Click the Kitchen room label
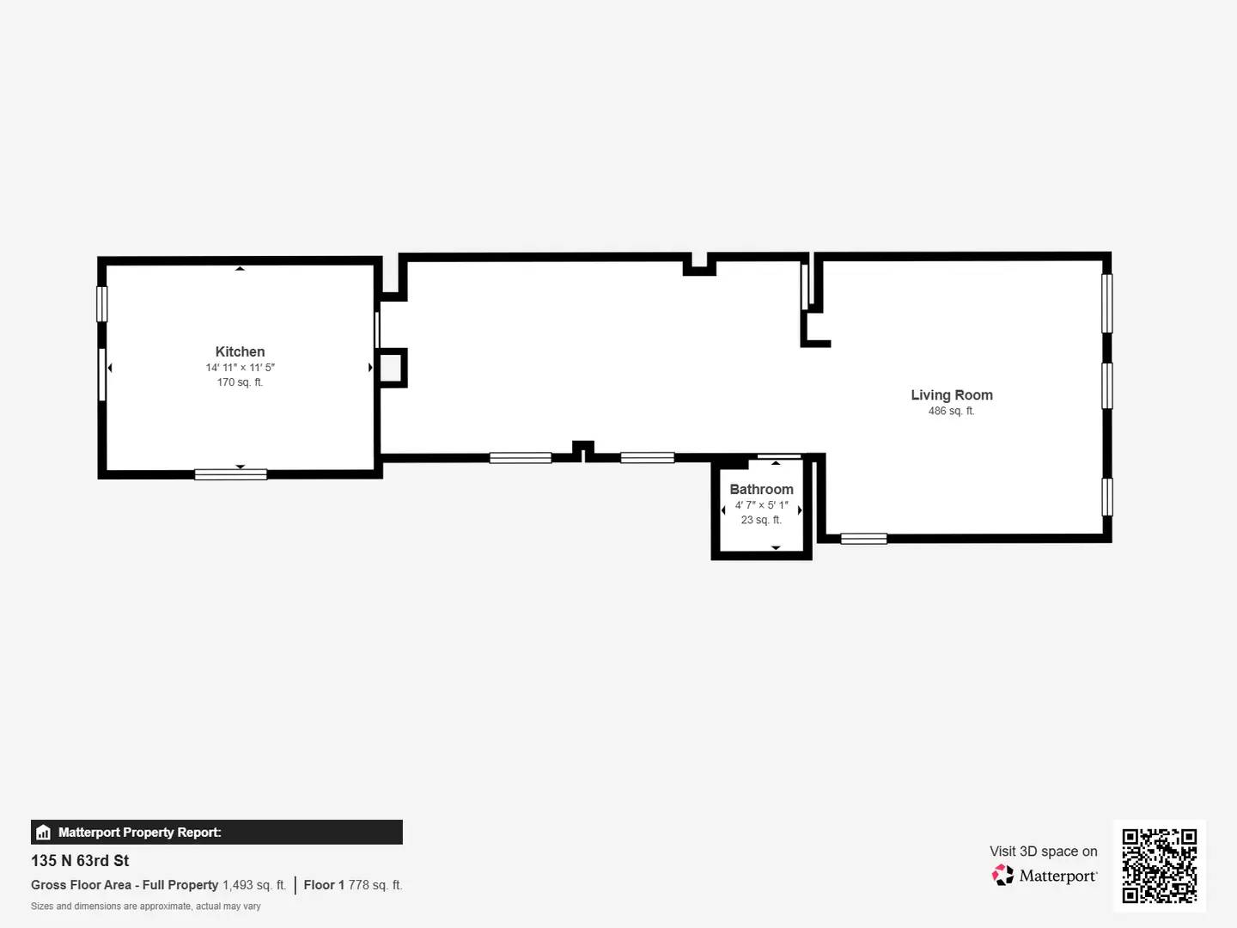[240, 351]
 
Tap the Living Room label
[952, 395]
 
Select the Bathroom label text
[761, 489]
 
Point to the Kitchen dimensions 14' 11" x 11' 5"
[240, 368]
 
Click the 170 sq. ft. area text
[240, 382]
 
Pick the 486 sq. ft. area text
[951, 412]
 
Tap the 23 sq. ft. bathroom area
[761, 520]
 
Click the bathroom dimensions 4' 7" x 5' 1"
[761, 505]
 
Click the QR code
[1159, 865]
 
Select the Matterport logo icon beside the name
[1002, 876]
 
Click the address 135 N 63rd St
[80, 861]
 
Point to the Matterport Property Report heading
[139, 833]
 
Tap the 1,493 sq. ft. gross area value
[254, 885]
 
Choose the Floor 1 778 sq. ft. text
[352, 885]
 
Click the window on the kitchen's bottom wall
[230, 474]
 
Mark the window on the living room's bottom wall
[863, 539]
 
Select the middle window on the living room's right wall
[1107, 386]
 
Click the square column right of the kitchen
[391, 368]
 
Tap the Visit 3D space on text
[1043, 852]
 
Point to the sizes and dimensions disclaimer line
[145, 907]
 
